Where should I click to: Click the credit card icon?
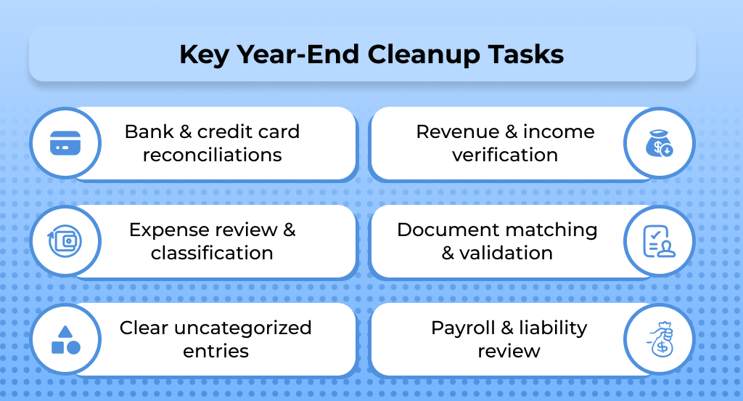pyautogui.click(x=65, y=143)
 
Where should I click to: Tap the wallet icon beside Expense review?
pyautogui.click(x=65, y=241)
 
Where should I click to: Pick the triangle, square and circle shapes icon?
pyautogui.click(x=65, y=339)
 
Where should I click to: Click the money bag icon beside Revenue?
pyautogui.click(x=659, y=143)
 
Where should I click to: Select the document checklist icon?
pyautogui.click(x=659, y=241)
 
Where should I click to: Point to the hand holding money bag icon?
pyautogui.click(x=659, y=339)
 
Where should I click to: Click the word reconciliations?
pyautogui.click(x=212, y=155)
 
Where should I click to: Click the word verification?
pyautogui.click(x=505, y=155)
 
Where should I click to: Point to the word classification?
pyautogui.click(x=212, y=254)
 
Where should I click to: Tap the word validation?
pyautogui.click(x=506, y=254)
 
